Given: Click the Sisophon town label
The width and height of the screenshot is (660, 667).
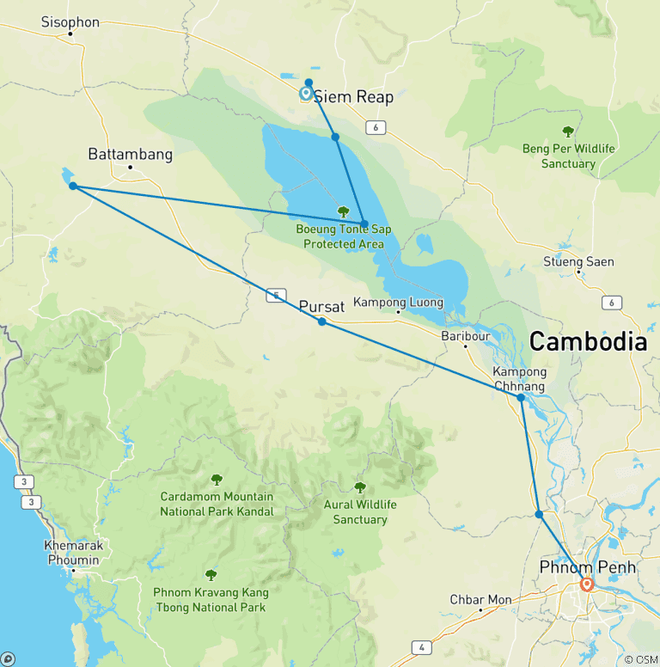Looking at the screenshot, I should (x=70, y=22).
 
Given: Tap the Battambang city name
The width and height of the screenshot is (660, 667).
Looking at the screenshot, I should (x=131, y=155).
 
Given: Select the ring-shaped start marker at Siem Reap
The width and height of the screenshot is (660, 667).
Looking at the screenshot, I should (x=306, y=94).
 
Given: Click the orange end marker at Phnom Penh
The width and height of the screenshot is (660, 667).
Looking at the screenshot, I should (x=587, y=584).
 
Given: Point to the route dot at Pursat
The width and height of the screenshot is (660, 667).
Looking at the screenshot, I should (x=321, y=321).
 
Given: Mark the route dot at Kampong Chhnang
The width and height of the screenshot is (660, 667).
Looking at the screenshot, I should (x=521, y=397).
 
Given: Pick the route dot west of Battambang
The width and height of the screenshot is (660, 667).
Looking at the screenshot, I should (x=73, y=186).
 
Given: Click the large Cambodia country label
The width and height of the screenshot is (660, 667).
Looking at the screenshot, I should (x=587, y=341).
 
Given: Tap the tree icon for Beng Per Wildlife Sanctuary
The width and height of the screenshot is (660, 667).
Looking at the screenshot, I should (x=567, y=132).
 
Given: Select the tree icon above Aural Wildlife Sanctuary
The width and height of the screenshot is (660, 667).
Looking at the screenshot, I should (x=360, y=487).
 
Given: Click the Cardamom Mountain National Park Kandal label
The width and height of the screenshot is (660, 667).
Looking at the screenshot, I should (x=217, y=504).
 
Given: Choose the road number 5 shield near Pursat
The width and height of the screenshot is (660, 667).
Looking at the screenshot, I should (x=274, y=295).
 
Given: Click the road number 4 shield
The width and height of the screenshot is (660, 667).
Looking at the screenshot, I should (x=421, y=647).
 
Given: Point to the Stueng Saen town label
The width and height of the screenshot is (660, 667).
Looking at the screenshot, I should (x=578, y=261).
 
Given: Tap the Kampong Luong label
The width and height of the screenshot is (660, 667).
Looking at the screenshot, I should (x=398, y=303).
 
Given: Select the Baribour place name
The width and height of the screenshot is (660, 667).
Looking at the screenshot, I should (x=465, y=335).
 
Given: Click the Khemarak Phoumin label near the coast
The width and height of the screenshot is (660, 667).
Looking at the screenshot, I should (x=73, y=553).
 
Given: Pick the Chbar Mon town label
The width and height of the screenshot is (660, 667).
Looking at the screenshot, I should (x=480, y=599).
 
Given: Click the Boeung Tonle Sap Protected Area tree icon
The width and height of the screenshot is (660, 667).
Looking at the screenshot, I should (x=343, y=211).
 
